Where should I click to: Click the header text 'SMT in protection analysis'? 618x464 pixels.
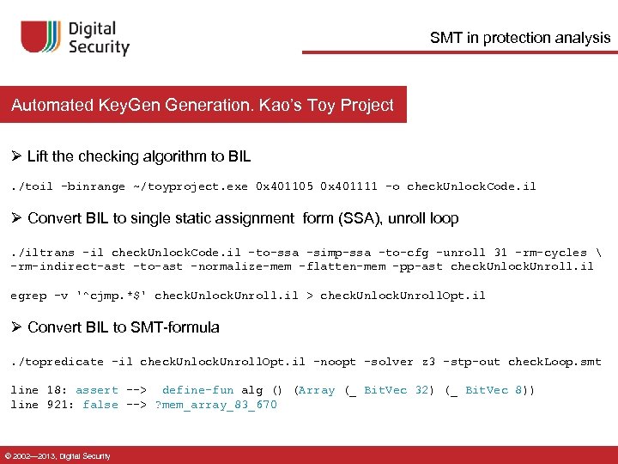pos(520,37)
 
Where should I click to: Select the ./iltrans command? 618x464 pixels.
pos(44,253)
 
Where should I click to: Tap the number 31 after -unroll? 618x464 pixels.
pos(500,253)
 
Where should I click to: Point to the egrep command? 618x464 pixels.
pos(28,295)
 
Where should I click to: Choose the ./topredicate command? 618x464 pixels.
pos(58,362)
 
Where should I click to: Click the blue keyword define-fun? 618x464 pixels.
pos(196,390)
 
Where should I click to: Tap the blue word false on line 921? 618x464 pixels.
pos(100,405)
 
